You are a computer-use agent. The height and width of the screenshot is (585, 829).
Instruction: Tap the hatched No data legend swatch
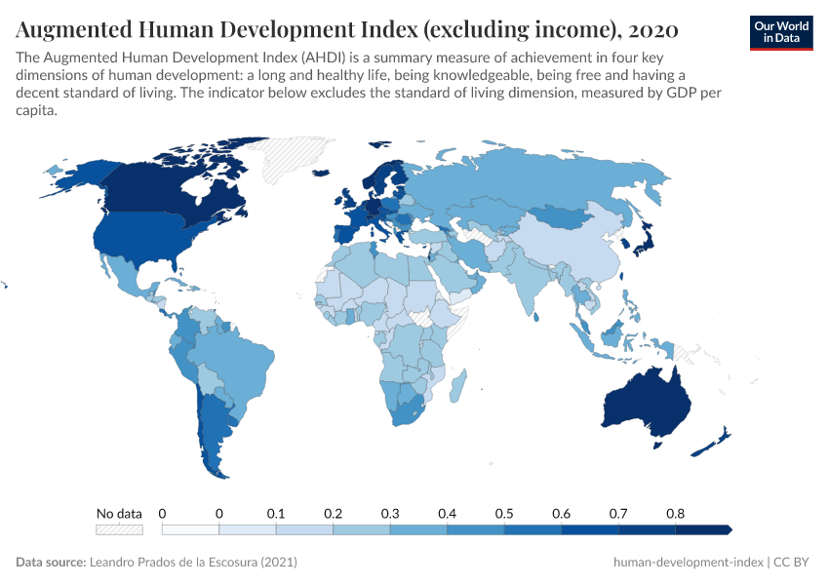coord(119,529)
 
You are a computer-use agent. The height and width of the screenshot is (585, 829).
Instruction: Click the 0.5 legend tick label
coord(504,513)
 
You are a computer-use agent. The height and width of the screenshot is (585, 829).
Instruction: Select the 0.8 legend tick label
coord(675,513)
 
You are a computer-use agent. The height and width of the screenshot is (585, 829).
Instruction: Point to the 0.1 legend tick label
coord(276,513)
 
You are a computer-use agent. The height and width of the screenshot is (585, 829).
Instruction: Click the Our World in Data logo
coord(780,31)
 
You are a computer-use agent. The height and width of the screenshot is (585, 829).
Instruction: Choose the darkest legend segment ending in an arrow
coord(703,529)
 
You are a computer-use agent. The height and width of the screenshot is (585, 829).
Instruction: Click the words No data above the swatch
coord(119,513)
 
